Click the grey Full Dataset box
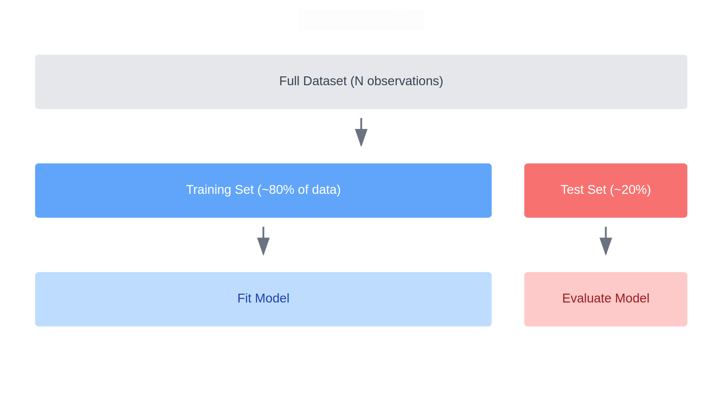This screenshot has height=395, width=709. [361, 82]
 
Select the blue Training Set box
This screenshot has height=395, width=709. [263, 190]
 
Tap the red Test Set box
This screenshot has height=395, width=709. [606, 190]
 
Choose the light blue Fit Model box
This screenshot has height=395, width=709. [263, 299]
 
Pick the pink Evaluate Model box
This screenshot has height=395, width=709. [606, 299]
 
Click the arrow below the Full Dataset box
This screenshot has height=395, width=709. [361, 132]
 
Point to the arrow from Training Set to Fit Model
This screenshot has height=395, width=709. [263, 241]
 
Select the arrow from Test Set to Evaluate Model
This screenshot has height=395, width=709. [606, 241]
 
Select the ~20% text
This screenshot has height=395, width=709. [631, 190]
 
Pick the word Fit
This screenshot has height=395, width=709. [245, 298]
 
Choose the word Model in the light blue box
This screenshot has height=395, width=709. [272, 298]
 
